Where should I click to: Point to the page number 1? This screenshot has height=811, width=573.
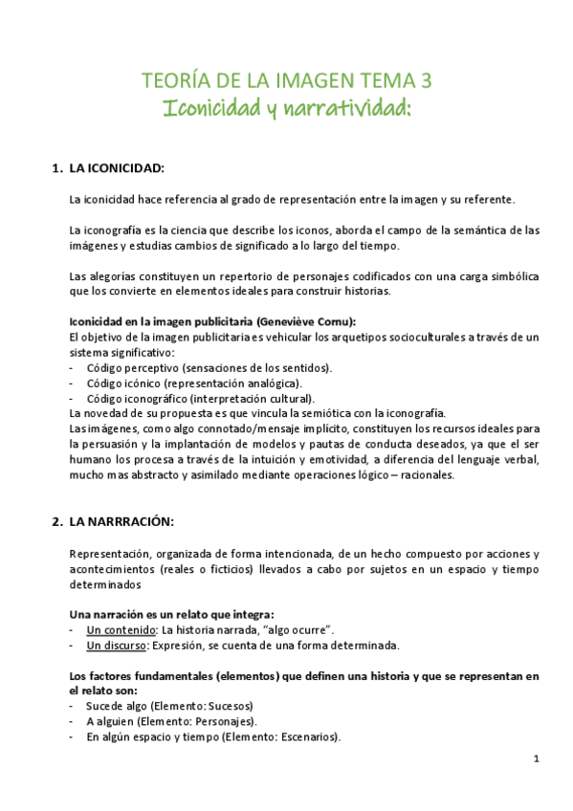point(537,758)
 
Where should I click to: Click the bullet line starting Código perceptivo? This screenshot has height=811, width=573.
point(209,367)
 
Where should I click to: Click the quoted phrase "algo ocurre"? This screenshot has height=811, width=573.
point(299,630)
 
